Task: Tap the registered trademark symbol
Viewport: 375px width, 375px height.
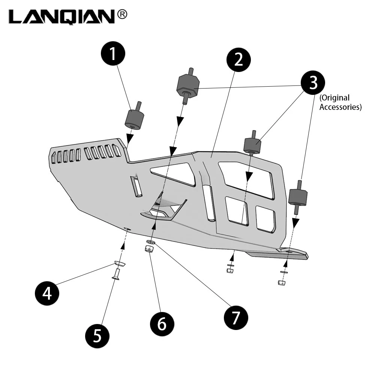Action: click(122, 15)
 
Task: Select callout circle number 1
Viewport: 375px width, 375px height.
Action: click(113, 53)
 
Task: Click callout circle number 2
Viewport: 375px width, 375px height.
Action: click(238, 60)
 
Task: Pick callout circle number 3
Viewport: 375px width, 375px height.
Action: click(313, 82)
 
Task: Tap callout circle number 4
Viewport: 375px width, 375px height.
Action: click(47, 293)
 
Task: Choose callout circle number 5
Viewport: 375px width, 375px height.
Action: click(97, 336)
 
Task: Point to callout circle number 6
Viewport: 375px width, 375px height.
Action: click(162, 324)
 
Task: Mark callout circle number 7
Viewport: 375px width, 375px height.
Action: click(236, 318)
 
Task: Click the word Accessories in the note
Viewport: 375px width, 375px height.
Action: click(340, 107)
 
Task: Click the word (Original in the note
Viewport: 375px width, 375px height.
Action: click(334, 98)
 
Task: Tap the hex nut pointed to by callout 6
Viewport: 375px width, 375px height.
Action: click(149, 249)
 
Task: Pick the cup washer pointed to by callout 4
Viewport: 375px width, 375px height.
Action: click(120, 264)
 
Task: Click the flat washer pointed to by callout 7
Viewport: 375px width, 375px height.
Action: click(151, 242)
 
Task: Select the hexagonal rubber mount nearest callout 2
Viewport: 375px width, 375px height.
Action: click(188, 85)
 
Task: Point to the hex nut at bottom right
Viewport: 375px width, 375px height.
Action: click(282, 283)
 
